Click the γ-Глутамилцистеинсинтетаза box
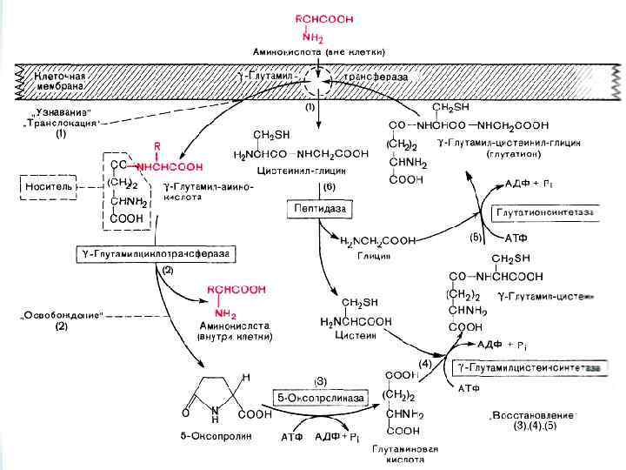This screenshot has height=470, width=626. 532,369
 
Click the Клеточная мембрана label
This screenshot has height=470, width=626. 59,81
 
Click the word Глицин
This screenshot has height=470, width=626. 374,257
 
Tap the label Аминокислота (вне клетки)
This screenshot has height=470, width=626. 320,51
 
